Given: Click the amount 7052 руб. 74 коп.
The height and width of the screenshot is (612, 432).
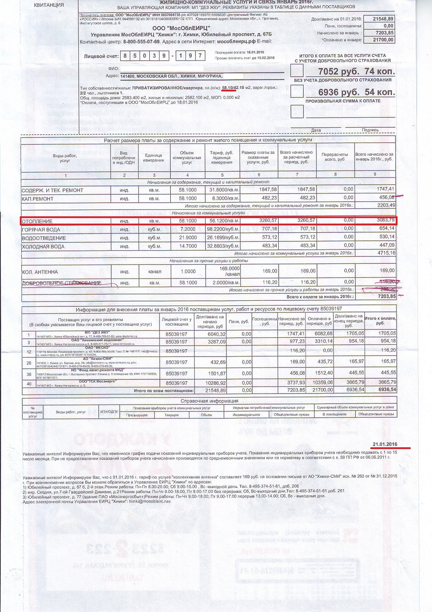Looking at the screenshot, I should click(x=356, y=71).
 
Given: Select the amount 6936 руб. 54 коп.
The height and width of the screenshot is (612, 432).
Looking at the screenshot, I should click(x=356, y=92).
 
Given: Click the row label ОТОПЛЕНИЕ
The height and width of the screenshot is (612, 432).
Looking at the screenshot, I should click(x=37, y=221).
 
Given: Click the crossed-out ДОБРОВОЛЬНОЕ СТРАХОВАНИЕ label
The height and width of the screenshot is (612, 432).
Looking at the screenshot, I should click(x=62, y=283).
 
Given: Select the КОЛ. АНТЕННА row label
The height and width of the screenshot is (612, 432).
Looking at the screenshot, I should click(x=40, y=272).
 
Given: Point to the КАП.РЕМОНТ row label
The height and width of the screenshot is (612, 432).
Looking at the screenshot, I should click(x=38, y=199).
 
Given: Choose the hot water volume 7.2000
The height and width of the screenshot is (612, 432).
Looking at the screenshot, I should click(x=188, y=229).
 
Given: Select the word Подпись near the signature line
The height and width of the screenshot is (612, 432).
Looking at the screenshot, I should click(x=370, y=130).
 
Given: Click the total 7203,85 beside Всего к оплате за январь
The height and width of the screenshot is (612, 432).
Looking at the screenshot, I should click(x=385, y=296).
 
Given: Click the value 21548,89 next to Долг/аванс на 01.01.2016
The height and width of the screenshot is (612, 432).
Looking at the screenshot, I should click(x=383, y=19).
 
